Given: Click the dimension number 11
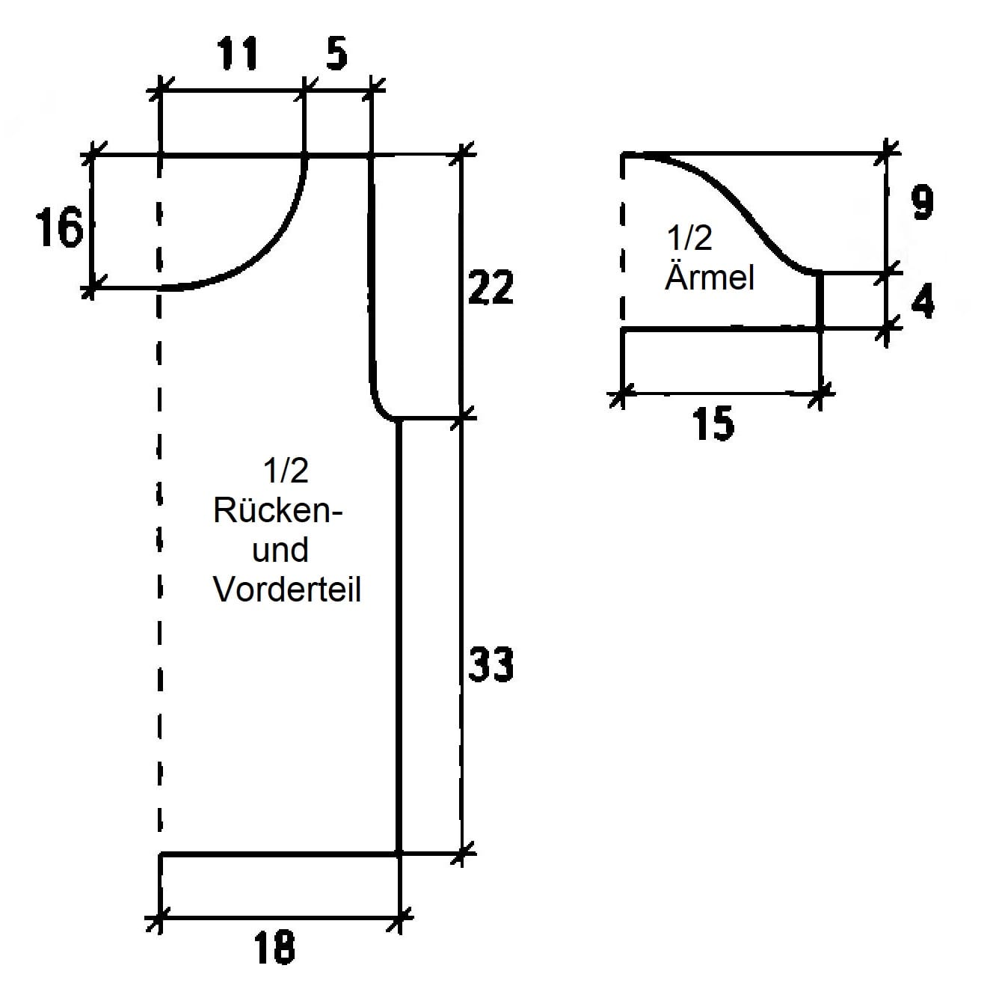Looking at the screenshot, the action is [237, 53].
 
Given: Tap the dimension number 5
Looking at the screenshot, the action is [336, 53].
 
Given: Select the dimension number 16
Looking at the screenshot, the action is [59, 227].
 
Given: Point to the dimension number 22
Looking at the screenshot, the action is [491, 287].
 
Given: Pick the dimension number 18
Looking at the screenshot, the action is [274, 946].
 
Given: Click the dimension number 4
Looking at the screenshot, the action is [923, 301].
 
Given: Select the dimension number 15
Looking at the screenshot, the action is [713, 424].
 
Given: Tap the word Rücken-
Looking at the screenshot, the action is [278, 511].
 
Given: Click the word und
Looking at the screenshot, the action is [280, 550].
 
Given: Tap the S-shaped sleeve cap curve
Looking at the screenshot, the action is [737, 205].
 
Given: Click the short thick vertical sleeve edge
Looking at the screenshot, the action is [820, 301].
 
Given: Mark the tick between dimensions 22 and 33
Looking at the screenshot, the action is [461, 417].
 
